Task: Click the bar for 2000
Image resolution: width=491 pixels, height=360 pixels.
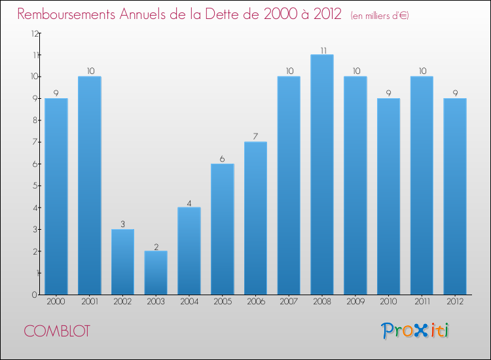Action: pos(56,196)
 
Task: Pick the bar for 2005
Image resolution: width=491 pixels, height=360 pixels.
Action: pos(223,229)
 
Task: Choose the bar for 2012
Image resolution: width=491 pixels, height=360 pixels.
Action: pos(455,196)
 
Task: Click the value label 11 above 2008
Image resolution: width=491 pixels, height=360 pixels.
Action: pos(323,50)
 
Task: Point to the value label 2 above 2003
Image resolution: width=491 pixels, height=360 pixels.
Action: pos(156,247)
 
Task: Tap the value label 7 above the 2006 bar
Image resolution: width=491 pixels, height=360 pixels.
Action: pos(256,137)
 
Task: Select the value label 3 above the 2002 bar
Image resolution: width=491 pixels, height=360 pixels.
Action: pos(123,225)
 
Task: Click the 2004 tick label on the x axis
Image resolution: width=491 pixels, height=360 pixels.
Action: pos(189,302)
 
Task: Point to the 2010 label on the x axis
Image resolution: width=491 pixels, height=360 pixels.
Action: pos(389,302)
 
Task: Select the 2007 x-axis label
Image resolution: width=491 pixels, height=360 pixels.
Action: pos(289,302)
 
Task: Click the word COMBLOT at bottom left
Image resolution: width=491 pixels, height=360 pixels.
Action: pos(58,331)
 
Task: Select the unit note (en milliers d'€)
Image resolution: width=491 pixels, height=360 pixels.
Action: pos(380,16)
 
